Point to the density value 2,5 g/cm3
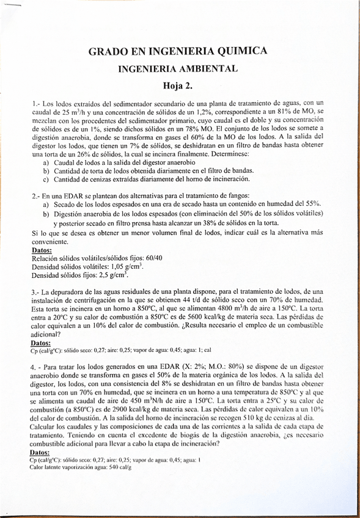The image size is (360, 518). click(x=111, y=275)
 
